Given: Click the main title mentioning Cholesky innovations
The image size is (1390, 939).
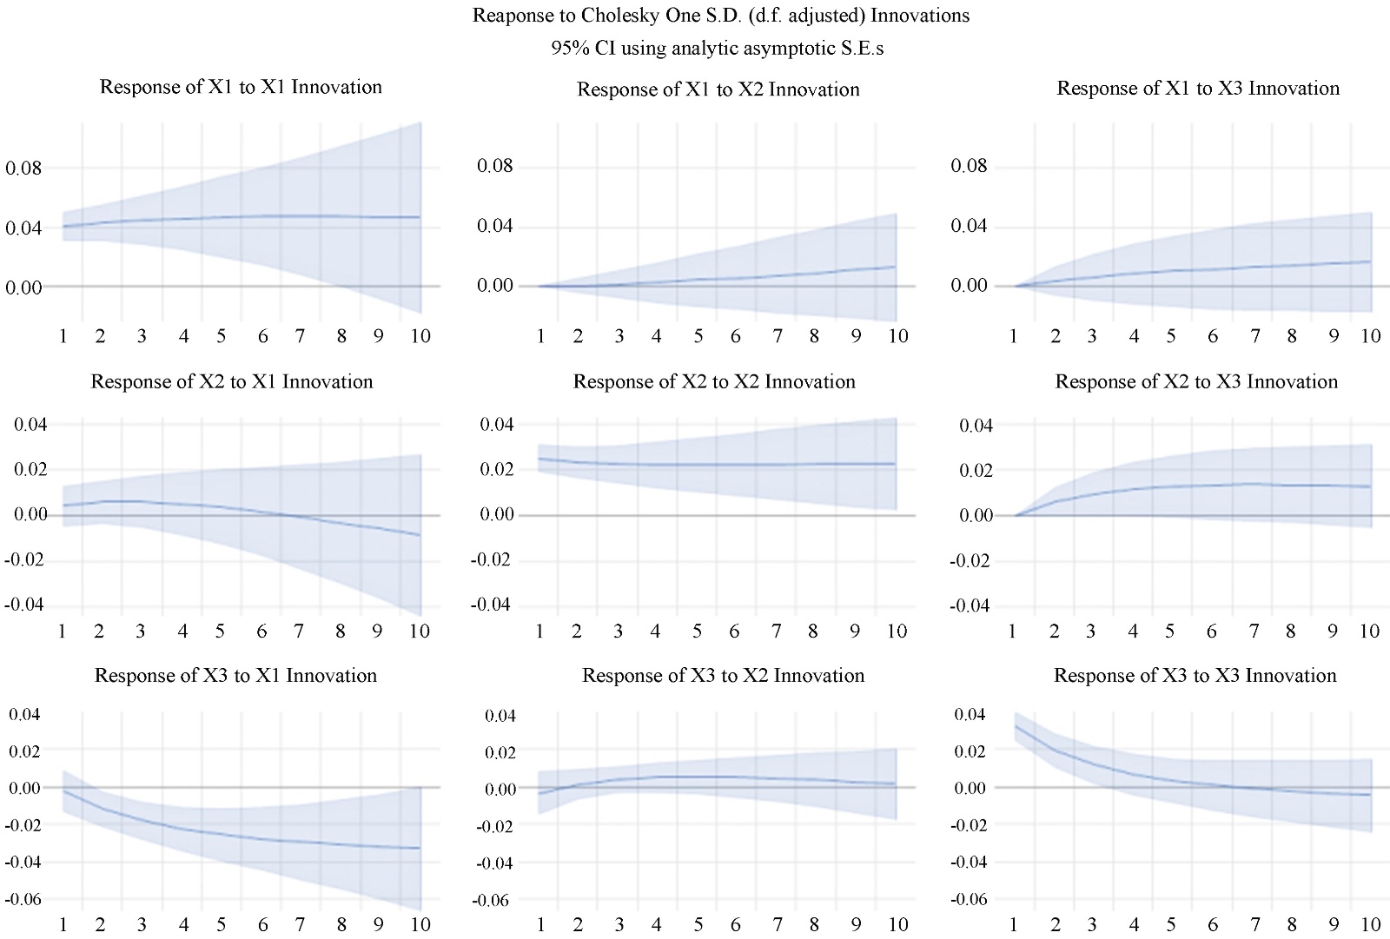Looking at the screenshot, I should pyautogui.click(x=720, y=16).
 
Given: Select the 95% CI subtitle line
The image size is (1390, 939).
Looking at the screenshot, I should pyautogui.click(x=718, y=49).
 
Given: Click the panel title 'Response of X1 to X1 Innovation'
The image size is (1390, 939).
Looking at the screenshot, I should pyautogui.click(x=241, y=87).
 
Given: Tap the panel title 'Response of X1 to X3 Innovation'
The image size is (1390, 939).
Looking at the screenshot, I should pyautogui.click(x=1198, y=89).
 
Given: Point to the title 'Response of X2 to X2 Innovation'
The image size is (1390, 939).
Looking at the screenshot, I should pyautogui.click(x=714, y=382).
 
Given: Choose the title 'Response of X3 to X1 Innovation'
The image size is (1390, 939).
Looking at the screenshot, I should pyautogui.click(x=235, y=676).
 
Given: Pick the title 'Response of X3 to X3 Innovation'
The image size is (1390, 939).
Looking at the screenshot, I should pyautogui.click(x=1195, y=676).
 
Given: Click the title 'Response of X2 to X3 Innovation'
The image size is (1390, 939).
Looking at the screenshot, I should pyautogui.click(x=1196, y=382).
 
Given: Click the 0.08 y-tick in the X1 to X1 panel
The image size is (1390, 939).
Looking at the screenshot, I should pyautogui.click(x=23, y=169).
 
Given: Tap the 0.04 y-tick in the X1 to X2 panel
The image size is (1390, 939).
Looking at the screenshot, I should pyautogui.click(x=495, y=226).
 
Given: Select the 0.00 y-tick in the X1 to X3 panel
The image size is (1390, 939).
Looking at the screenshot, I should pyautogui.click(x=969, y=286).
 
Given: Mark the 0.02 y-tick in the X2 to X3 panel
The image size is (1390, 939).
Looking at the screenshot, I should pyautogui.click(x=976, y=471).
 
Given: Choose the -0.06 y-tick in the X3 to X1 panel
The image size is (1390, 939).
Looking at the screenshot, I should pyautogui.click(x=23, y=899).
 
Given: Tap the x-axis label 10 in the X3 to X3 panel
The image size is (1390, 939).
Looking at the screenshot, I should pyautogui.click(x=1370, y=924).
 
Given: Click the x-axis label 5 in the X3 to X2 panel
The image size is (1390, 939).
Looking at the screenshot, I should pyautogui.click(x=698, y=924).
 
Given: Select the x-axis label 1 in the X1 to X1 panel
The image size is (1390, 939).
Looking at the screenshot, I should pyautogui.click(x=63, y=336).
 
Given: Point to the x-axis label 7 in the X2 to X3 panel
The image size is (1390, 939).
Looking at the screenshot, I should pyautogui.click(x=1254, y=632).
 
